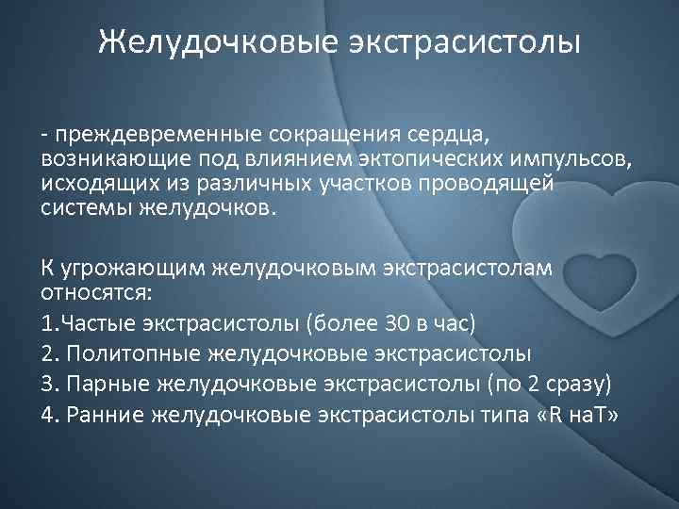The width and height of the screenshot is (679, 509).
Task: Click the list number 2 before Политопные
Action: (47, 353)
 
